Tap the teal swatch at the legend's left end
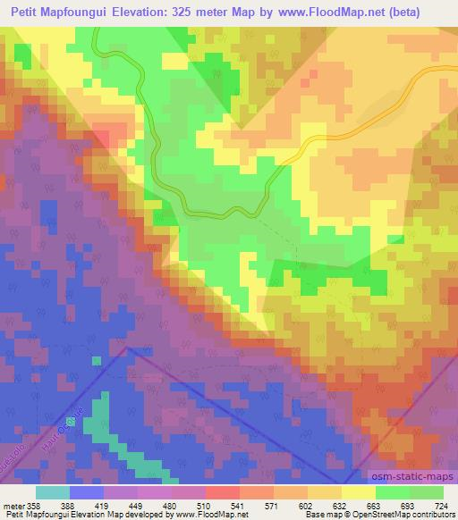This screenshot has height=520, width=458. pos(52,492)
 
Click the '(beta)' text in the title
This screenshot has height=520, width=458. pos(426,13)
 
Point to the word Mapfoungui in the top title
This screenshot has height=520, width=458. pos(82,13)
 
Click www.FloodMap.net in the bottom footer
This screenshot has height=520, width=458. pos(201,515)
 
